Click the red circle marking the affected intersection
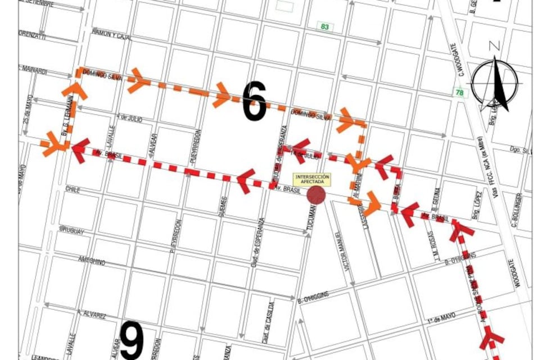coord(316,195)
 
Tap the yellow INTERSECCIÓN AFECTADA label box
coord(313,179)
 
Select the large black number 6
coord(255,101)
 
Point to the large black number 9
coord(131,341)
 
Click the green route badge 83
coord(324,26)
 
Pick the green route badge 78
coord(460,93)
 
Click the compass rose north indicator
coord(495,82)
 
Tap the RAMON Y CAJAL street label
coord(112,35)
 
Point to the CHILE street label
coord(74,189)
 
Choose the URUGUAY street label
coord(71,231)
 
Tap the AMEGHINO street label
coord(90,262)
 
